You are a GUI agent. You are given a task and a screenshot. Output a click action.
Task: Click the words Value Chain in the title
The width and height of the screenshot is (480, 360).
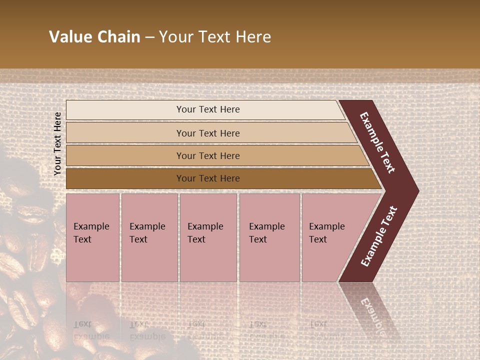tap(94, 37)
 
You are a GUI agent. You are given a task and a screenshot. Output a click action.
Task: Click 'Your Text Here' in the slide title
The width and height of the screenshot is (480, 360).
tap(215, 37)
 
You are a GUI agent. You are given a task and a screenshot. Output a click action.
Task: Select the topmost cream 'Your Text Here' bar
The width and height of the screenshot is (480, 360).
tap(207, 109)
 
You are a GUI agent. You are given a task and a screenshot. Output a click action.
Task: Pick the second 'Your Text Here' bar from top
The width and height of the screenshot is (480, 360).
tap(207, 133)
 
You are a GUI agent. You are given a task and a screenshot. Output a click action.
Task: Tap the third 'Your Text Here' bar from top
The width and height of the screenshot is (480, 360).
tap(207, 155)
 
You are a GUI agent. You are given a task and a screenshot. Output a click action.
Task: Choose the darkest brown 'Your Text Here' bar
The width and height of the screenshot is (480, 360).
tap(207, 178)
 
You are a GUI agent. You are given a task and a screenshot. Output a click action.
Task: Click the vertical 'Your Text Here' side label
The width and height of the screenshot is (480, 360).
tap(57, 143)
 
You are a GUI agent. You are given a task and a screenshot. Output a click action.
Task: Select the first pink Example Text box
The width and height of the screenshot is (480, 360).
tap(92, 237)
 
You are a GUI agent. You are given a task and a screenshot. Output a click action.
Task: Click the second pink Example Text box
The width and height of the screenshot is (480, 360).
tap(149, 237)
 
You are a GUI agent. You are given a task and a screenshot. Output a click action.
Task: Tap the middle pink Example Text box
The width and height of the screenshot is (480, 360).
tap(207, 237)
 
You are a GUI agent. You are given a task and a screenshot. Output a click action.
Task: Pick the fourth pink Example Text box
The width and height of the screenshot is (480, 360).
tap(269, 237)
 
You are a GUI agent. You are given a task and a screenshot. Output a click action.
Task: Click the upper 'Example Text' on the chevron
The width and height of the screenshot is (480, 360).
tap(377, 142)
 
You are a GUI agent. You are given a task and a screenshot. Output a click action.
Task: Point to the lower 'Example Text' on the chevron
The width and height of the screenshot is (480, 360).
tap(379, 236)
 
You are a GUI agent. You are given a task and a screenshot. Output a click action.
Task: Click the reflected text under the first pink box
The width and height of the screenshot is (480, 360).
tap(91, 330)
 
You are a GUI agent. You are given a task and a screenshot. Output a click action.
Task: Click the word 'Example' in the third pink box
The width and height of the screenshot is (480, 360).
tap(205, 226)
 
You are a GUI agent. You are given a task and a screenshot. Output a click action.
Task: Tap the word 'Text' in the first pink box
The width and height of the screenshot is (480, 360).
tap(82, 239)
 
